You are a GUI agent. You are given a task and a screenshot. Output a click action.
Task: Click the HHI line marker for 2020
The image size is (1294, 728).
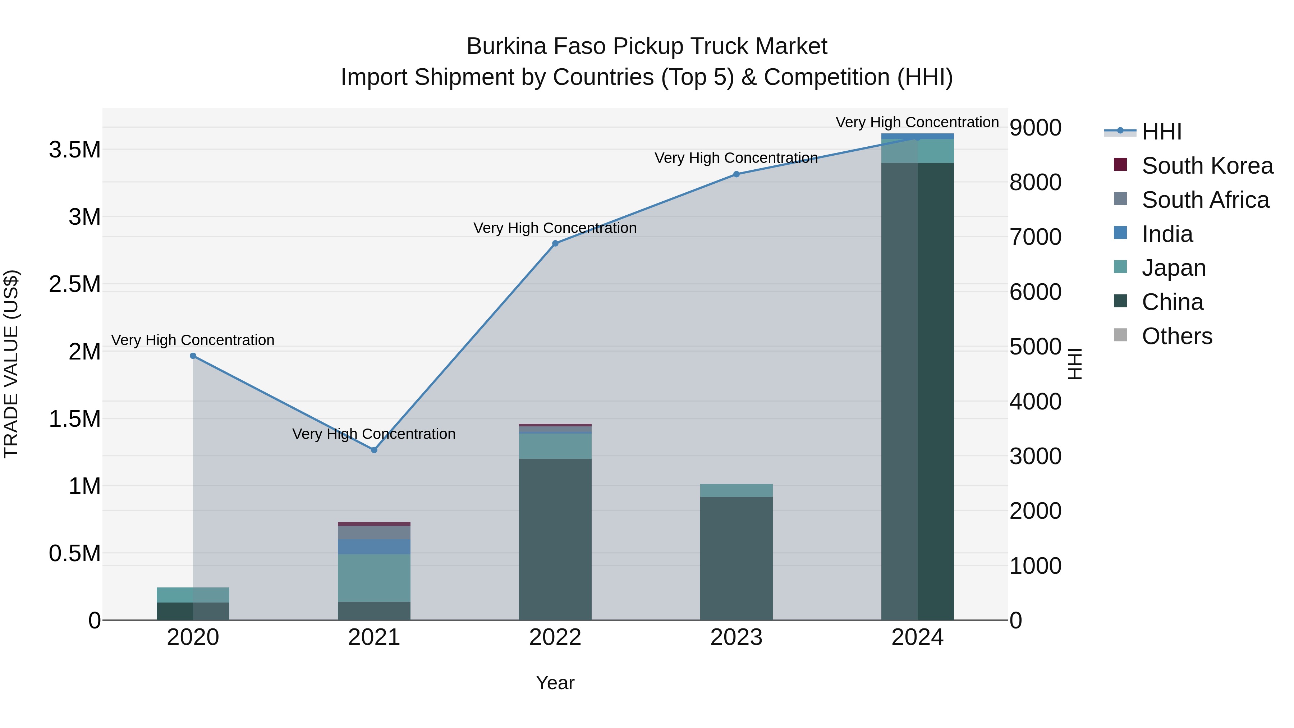(193, 356)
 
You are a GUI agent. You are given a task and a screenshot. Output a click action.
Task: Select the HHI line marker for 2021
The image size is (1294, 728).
(374, 450)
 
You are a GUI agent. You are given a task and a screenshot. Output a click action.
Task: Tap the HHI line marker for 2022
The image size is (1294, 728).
(555, 243)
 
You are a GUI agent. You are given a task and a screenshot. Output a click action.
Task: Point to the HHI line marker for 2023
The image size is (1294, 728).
(737, 174)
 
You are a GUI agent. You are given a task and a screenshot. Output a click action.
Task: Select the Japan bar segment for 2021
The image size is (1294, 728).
(374, 578)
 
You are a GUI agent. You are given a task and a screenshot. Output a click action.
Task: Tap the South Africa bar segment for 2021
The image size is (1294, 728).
(374, 532)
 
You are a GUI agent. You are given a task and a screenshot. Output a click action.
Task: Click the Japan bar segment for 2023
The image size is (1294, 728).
(737, 490)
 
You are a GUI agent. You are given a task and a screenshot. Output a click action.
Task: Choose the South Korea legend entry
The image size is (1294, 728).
(1207, 166)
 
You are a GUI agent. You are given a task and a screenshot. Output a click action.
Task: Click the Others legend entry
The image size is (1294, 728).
(1176, 336)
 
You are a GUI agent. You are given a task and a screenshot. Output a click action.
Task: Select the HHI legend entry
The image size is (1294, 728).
(1161, 132)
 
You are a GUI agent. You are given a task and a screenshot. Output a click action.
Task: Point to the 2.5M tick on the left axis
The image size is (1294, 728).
(75, 284)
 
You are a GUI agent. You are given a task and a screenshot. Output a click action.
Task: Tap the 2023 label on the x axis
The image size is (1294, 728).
(737, 637)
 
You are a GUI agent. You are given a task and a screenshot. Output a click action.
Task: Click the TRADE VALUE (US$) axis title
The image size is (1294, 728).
(12, 364)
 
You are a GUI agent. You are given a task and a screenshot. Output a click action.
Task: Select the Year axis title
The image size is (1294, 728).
(555, 683)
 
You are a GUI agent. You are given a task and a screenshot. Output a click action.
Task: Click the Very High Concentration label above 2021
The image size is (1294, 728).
(374, 434)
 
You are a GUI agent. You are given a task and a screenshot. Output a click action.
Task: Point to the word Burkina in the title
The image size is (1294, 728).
(506, 46)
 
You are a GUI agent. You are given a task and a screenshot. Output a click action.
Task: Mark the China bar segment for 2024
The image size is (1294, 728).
(917, 392)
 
